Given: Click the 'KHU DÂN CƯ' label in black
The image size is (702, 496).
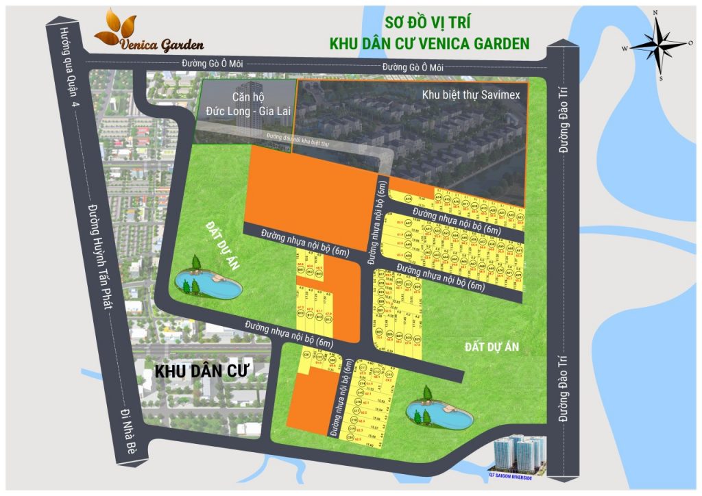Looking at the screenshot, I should [201, 371].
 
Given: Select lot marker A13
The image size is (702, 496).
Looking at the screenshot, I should [408, 199].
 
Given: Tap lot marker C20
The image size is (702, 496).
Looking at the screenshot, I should [352, 429].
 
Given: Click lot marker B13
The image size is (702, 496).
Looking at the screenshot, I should [328, 319].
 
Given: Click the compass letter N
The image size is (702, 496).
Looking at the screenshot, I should [655, 13].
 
